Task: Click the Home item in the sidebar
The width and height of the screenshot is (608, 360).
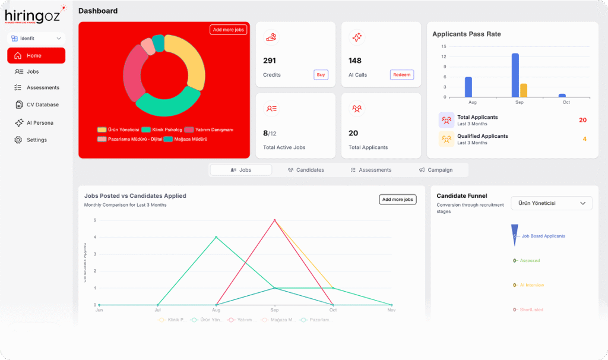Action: pyautogui.click(x=36, y=55)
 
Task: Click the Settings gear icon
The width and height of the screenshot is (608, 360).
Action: pyautogui.click(x=18, y=140)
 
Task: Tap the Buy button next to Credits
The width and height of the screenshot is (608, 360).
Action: pyautogui.click(x=321, y=75)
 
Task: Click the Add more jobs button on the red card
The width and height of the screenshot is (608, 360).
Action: pyautogui.click(x=228, y=30)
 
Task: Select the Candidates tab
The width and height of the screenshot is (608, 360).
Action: pyautogui.click(x=306, y=170)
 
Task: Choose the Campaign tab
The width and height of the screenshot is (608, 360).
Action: pyautogui.click(x=436, y=170)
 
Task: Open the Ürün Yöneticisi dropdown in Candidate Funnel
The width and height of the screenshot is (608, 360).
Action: pyautogui.click(x=552, y=203)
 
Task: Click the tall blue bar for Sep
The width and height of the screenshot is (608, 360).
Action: pyautogui.click(x=515, y=75)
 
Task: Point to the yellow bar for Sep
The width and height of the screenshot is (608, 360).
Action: pyautogui.click(x=523, y=90)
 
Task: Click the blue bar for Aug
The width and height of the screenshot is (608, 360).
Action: pyautogui.click(x=468, y=87)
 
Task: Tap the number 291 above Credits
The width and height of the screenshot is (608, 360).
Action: pyautogui.click(x=270, y=61)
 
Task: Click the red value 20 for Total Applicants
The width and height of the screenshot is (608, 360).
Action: pyautogui.click(x=582, y=120)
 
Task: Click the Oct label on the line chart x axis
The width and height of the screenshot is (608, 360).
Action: pyautogui.click(x=333, y=310)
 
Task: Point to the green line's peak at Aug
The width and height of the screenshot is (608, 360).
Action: pyautogui.click(x=216, y=237)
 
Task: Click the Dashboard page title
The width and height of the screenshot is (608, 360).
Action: pyautogui.click(x=98, y=11)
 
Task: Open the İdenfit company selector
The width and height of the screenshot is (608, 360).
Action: pyautogui.click(x=36, y=38)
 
